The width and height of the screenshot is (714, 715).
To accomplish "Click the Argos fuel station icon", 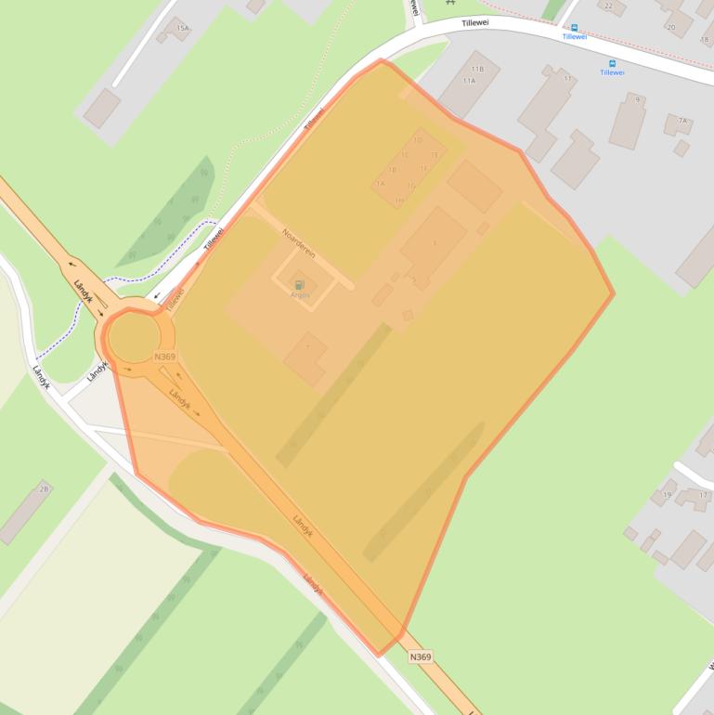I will [x=299, y=284].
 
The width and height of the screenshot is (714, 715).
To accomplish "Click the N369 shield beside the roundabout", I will [x=164, y=357].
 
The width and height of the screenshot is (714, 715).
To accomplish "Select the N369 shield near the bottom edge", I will [x=420, y=657].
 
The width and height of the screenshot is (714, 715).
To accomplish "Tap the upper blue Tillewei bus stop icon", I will [x=574, y=28].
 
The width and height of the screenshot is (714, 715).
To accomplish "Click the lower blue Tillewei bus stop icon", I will [x=612, y=63].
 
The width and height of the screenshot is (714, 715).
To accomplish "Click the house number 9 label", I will [x=638, y=99].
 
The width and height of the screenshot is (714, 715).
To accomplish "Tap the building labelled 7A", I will [x=682, y=121].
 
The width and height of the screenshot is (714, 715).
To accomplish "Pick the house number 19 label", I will [x=667, y=495].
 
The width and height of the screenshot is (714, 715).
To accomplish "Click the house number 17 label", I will [x=703, y=495].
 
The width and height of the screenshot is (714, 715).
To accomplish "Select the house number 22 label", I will [x=609, y=6].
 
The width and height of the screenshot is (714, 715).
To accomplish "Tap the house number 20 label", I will [x=670, y=27].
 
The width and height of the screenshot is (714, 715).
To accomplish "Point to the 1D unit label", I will [x=418, y=140].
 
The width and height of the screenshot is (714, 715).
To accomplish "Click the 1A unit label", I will [x=380, y=184].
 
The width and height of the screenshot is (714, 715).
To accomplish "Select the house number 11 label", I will [x=566, y=78].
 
